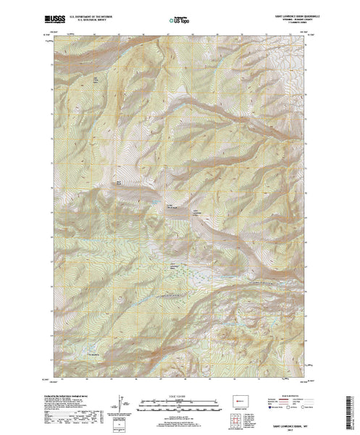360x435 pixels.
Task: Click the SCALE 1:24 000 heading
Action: [x=177, y=397]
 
